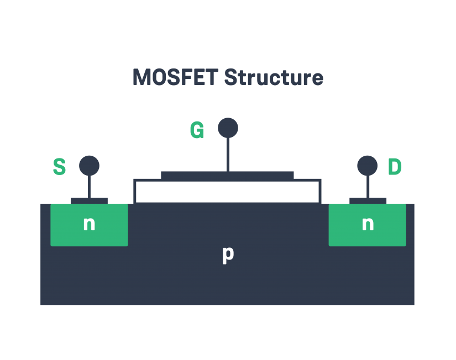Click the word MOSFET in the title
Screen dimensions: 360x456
tap(175, 77)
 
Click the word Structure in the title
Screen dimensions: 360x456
tap(274, 77)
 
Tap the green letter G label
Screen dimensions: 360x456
tap(197, 130)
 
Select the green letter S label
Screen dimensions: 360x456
tap(59, 167)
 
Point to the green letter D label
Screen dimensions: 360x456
tap(395, 167)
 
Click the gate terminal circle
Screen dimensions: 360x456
tap(228, 128)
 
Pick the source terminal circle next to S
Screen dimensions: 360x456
tap(89, 166)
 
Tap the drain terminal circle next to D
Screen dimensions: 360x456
tap(367, 166)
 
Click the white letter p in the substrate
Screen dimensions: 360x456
tap(228, 254)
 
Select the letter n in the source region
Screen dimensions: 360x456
tap(89, 224)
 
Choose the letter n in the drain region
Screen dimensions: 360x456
tap(368, 224)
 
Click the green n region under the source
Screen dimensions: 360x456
tap(64, 235)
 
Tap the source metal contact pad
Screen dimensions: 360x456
tap(89, 200)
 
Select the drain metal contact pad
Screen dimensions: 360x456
tap(368, 200)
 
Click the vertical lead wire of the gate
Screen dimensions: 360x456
tap(228, 155)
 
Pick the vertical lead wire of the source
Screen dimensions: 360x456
tap(89, 187)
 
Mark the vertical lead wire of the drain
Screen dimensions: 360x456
tap(368, 187)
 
